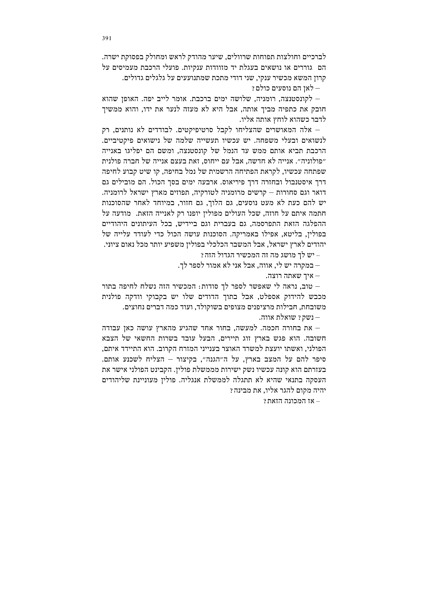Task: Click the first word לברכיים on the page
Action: point(316,57)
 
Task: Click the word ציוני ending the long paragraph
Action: point(111,244)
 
